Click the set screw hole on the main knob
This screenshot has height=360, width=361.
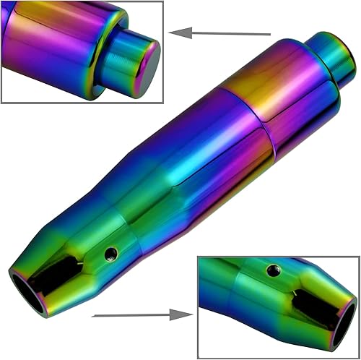tap(110, 254)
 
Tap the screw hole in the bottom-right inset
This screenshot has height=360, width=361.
tap(273, 270)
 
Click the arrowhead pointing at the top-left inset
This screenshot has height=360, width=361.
tap(180, 32)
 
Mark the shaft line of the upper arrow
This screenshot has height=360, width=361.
tap(231, 33)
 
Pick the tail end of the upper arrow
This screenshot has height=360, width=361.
tap(269, 34)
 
